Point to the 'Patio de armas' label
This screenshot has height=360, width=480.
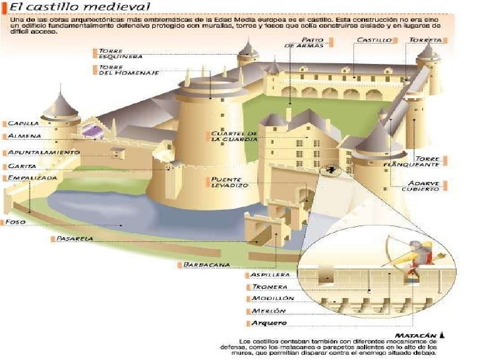pos(305,43)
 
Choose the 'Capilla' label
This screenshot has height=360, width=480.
pos(24,123)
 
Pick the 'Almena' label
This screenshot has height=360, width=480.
pos(24,136)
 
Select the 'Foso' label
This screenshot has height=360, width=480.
pos(15,222)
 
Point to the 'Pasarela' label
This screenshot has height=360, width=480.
pos(75,238)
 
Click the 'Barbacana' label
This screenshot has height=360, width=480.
pos(206,265)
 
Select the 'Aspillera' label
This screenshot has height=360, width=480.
pos(270,274)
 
